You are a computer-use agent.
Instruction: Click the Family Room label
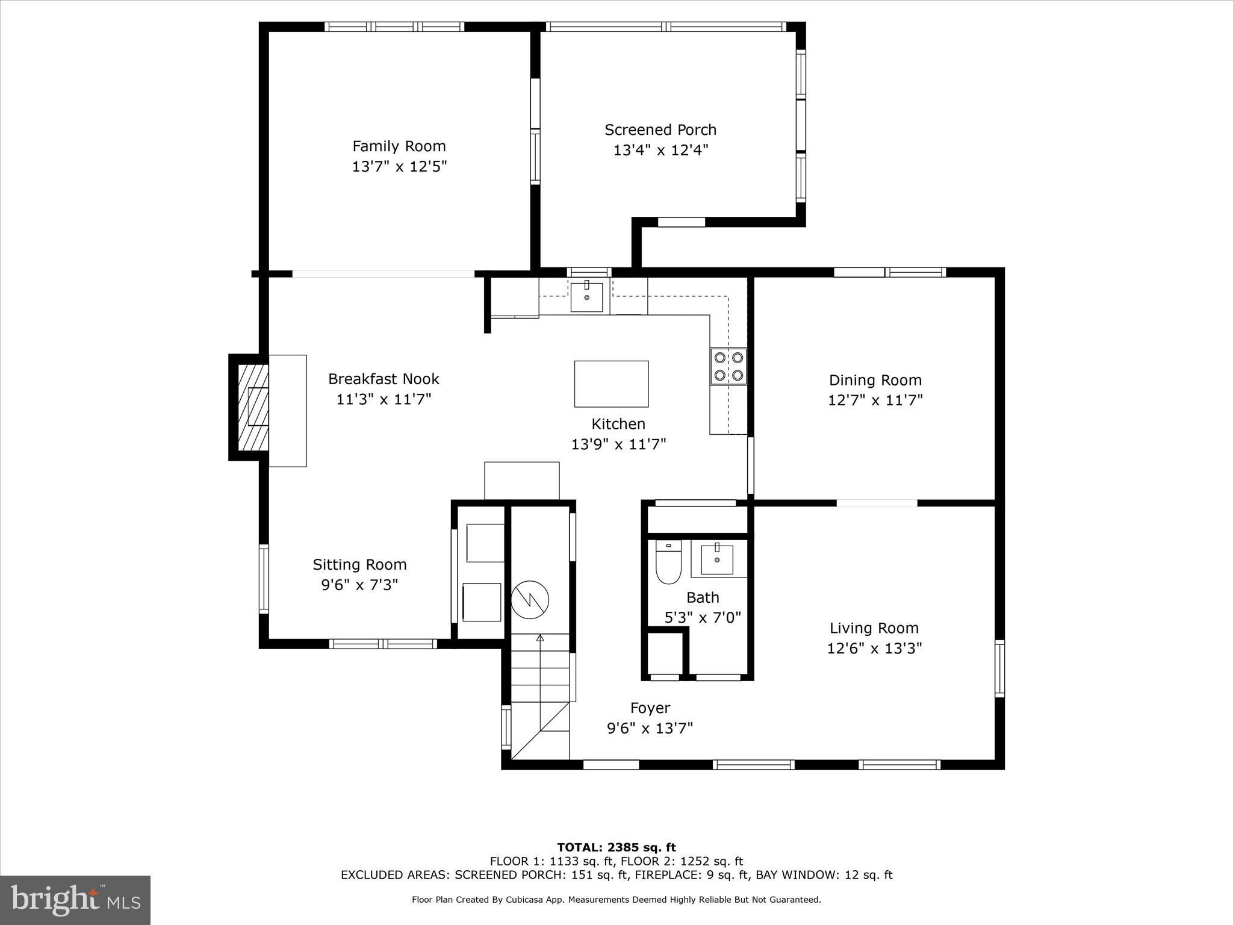click(399, 146)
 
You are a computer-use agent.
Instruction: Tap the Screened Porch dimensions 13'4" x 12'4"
click(660, 150)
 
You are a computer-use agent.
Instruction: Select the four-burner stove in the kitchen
click(728, 366)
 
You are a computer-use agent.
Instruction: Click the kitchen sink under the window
click(586, 296)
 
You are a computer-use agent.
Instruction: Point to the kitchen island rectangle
click(611, 384)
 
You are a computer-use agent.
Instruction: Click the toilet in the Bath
click(668, 562)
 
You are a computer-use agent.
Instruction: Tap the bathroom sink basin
click(717, 559)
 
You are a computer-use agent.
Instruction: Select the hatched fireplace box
click(253, 407)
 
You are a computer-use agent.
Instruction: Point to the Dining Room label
click(875, 380)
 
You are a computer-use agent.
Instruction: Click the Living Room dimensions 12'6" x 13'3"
click(874, 648)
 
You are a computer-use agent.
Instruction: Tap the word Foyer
click(650, 708)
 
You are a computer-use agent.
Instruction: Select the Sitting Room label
click(359, 565)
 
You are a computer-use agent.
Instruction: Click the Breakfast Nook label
click(384, 379)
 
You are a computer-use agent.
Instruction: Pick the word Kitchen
click(618, 424)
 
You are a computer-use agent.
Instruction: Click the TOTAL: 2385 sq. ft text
click(616, 847)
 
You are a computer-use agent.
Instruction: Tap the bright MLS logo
click(75, 900)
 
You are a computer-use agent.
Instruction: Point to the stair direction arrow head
click(540, 637)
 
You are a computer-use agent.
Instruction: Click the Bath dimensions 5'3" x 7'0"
click(703, 617)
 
